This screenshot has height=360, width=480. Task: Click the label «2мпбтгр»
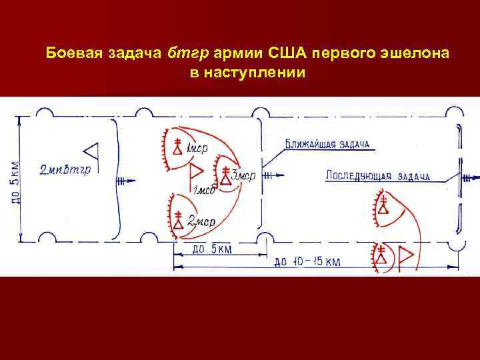(x=65, y=169)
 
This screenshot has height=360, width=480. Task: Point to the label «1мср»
(x=196, y=148)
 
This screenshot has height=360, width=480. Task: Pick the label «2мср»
(x=201, y=221)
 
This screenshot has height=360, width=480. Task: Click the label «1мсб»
(x=203, y=192)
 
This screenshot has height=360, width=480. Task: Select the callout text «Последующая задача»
(x=377, y=177)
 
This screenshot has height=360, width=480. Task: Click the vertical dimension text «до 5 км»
(x=15, y=181)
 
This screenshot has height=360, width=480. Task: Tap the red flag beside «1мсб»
(x=197, y=173)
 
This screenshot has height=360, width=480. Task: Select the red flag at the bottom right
(x=405, y=256)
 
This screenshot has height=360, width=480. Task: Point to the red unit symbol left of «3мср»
(x=226, y=175)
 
